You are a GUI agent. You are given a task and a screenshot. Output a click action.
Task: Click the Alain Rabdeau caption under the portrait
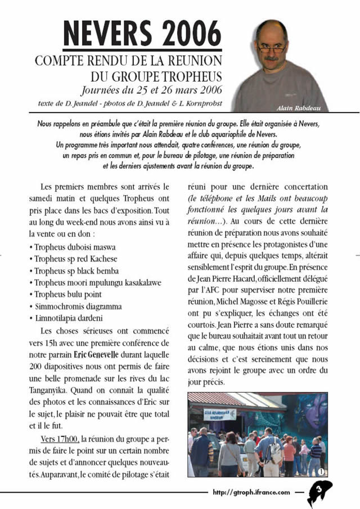tap(299, 108)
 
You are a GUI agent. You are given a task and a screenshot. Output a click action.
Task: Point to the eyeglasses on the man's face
tap(272, 48)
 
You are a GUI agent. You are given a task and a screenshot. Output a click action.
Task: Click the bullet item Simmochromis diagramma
tap(78, 307)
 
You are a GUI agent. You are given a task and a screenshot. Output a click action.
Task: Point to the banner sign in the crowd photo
tap(220, 414)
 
